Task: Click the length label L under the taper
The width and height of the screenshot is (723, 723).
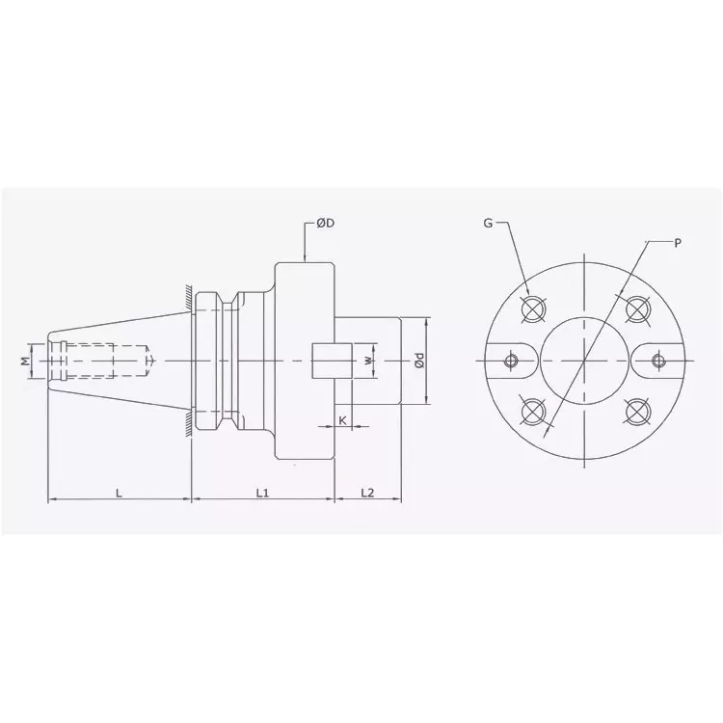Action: tap(119, 493)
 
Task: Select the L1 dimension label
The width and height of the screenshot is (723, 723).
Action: tap(261, 493)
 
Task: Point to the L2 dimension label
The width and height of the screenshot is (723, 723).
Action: tap(367, 493)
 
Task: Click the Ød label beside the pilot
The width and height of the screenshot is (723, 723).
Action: tap(418, 361)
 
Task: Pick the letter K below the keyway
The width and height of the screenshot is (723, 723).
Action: tap(343, 421)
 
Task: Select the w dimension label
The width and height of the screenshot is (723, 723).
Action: tap(367, 361)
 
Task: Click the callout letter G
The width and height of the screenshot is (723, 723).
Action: tap(488, 224)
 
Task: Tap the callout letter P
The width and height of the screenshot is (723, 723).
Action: tap(677, 244)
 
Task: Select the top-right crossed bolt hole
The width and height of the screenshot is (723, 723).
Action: tap(635, 308)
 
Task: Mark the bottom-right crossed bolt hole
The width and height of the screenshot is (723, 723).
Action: tap(635, 413)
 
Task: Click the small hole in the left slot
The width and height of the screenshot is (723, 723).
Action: tap(511, 361)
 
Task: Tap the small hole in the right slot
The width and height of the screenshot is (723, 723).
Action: tap(658, 361)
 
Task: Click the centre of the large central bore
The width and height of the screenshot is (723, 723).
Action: tap(584, 361)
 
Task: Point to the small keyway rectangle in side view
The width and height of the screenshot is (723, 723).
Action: tap(328, 361)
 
